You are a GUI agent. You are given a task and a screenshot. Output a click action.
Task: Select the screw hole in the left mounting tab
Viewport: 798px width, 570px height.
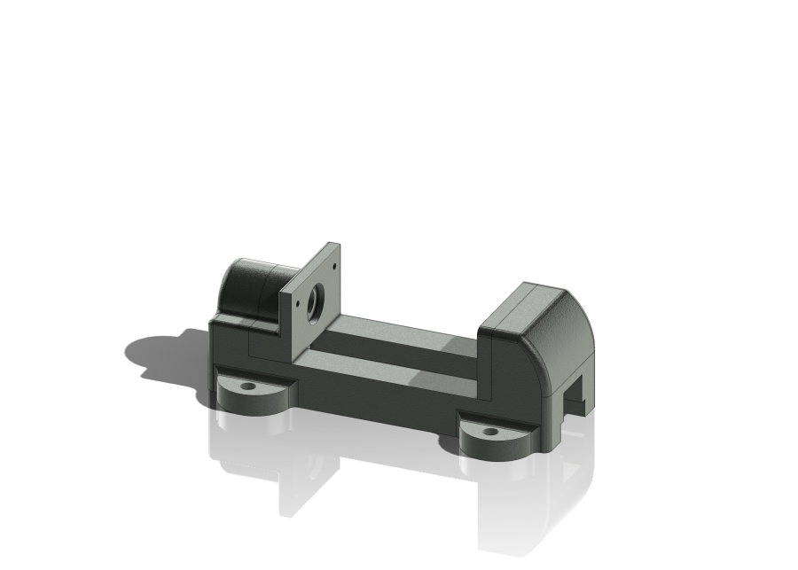tap(247, 387)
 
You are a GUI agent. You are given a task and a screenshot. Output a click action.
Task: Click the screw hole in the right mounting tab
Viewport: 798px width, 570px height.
tap(490, 433)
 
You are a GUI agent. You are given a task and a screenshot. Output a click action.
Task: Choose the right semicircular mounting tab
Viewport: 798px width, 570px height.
tap(497, 439)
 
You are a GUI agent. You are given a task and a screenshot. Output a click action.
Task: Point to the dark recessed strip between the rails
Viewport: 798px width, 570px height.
tap(390, 350)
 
